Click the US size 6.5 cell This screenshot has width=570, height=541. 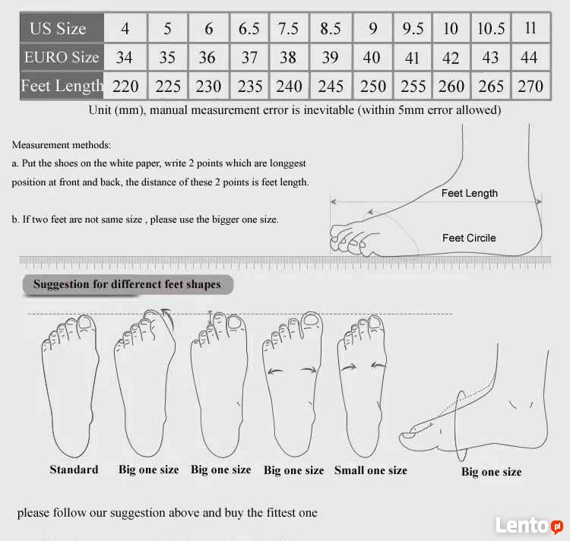(x=249, y=28)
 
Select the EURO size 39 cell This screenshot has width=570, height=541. (x=331, y=57)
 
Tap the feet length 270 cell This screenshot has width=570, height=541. (x=530, y=86)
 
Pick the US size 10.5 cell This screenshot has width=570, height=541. (x=491, y=28)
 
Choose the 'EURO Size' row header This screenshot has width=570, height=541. (x=62, y=57)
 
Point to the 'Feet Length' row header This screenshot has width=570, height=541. (x=62, y=86)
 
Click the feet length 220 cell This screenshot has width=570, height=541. (x=125, y=86)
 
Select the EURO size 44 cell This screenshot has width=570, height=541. (x=530, y=57)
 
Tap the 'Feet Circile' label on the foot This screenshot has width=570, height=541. (x=469, y=238)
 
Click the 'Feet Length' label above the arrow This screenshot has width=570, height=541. (x=470, y=193)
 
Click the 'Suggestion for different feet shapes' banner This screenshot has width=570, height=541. (x=128, y=284)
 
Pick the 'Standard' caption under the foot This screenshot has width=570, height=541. (x=74, y=470)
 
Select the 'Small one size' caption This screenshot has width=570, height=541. (x=371, y=470)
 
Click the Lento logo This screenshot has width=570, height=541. (x=529, y=525)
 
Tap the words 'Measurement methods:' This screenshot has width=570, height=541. (x=62, y=145)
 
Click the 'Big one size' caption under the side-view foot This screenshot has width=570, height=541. (x=492, y=472)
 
